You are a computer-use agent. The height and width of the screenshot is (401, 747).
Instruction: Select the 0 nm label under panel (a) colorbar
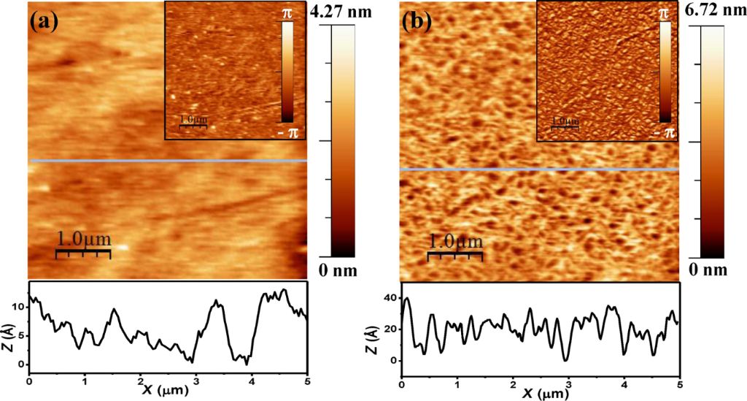[338, 272]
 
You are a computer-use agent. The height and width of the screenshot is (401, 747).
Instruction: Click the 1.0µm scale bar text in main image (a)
[83, 240]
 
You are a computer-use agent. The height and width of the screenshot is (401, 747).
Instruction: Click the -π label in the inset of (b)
[664, 132]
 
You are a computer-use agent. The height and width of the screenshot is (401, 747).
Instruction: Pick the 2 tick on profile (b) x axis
[513, 383]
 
